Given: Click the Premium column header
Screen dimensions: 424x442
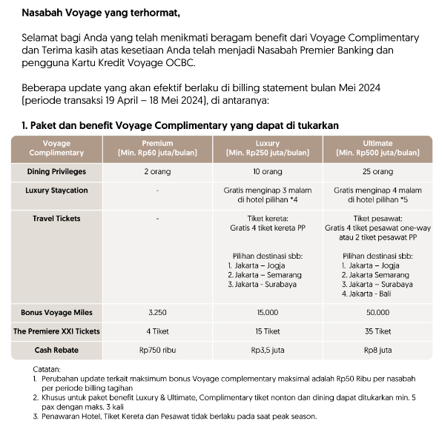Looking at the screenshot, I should click(156, 148).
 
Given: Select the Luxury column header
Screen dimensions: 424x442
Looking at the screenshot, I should click(268, 148).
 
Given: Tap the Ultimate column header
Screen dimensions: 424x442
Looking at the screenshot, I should click(379, 148).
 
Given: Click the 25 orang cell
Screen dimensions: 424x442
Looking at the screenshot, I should click(379, 171).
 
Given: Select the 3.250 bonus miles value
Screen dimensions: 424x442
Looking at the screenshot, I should click(156, 312).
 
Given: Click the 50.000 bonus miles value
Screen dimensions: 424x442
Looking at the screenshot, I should click(379, 312).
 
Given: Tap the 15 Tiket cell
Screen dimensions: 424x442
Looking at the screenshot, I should click(268, 331).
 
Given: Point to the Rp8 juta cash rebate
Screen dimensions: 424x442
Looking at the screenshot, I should click(379, 349).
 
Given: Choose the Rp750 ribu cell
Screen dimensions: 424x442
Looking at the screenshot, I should click(156, 349).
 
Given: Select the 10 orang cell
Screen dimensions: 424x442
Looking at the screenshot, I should click(268, 171).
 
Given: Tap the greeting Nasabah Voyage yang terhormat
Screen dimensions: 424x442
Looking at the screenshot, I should click(101, 13).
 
